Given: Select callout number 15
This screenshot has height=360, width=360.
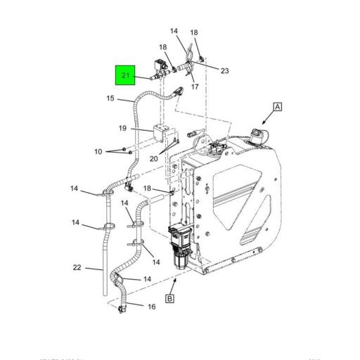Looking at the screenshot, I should click(x=110, y=98).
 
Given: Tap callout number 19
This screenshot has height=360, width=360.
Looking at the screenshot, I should click(x=122, y=128).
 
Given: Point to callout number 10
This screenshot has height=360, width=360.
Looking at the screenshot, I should click(x=98, y=152).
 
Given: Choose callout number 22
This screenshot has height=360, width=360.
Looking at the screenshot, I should click(x=77, y=267).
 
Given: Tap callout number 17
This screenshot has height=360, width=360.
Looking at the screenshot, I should click(x=195, y=87).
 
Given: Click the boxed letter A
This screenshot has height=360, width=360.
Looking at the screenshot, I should click(x=278, y=107).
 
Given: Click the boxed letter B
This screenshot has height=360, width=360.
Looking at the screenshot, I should click(x=170, y=299).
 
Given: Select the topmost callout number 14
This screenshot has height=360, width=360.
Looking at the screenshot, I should click(x=174, y=31).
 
